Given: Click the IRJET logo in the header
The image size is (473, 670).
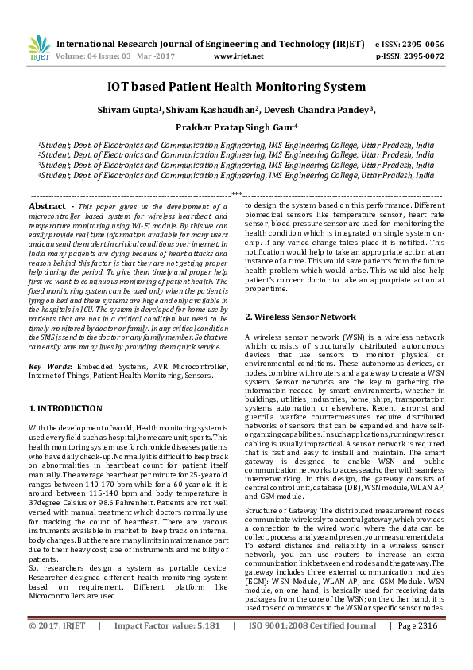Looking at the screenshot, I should [39, 49].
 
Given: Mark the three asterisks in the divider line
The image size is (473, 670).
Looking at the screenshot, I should [236, 193].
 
